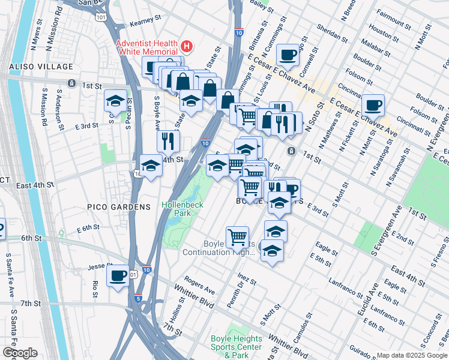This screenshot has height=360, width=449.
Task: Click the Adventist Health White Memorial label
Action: click(147, 47)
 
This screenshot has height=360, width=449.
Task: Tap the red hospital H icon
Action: click(187, 45)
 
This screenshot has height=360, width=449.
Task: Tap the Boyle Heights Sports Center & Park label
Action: click(237, 347)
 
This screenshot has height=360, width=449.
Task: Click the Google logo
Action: click(19, 353)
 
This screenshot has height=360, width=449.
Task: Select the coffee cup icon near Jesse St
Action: click(118, 276)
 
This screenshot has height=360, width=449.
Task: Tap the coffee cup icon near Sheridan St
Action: click(288, 55)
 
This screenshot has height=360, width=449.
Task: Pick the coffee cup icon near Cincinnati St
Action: click(373, 104)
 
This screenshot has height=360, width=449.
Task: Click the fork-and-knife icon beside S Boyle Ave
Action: click(168, 140)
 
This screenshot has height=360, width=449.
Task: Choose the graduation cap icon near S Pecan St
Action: click(115, 100)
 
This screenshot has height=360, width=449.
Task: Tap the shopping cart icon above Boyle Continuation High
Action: click(238, 237)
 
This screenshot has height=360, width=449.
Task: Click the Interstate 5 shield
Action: click(139, 298)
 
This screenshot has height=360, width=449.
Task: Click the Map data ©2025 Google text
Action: click(412, 355)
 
